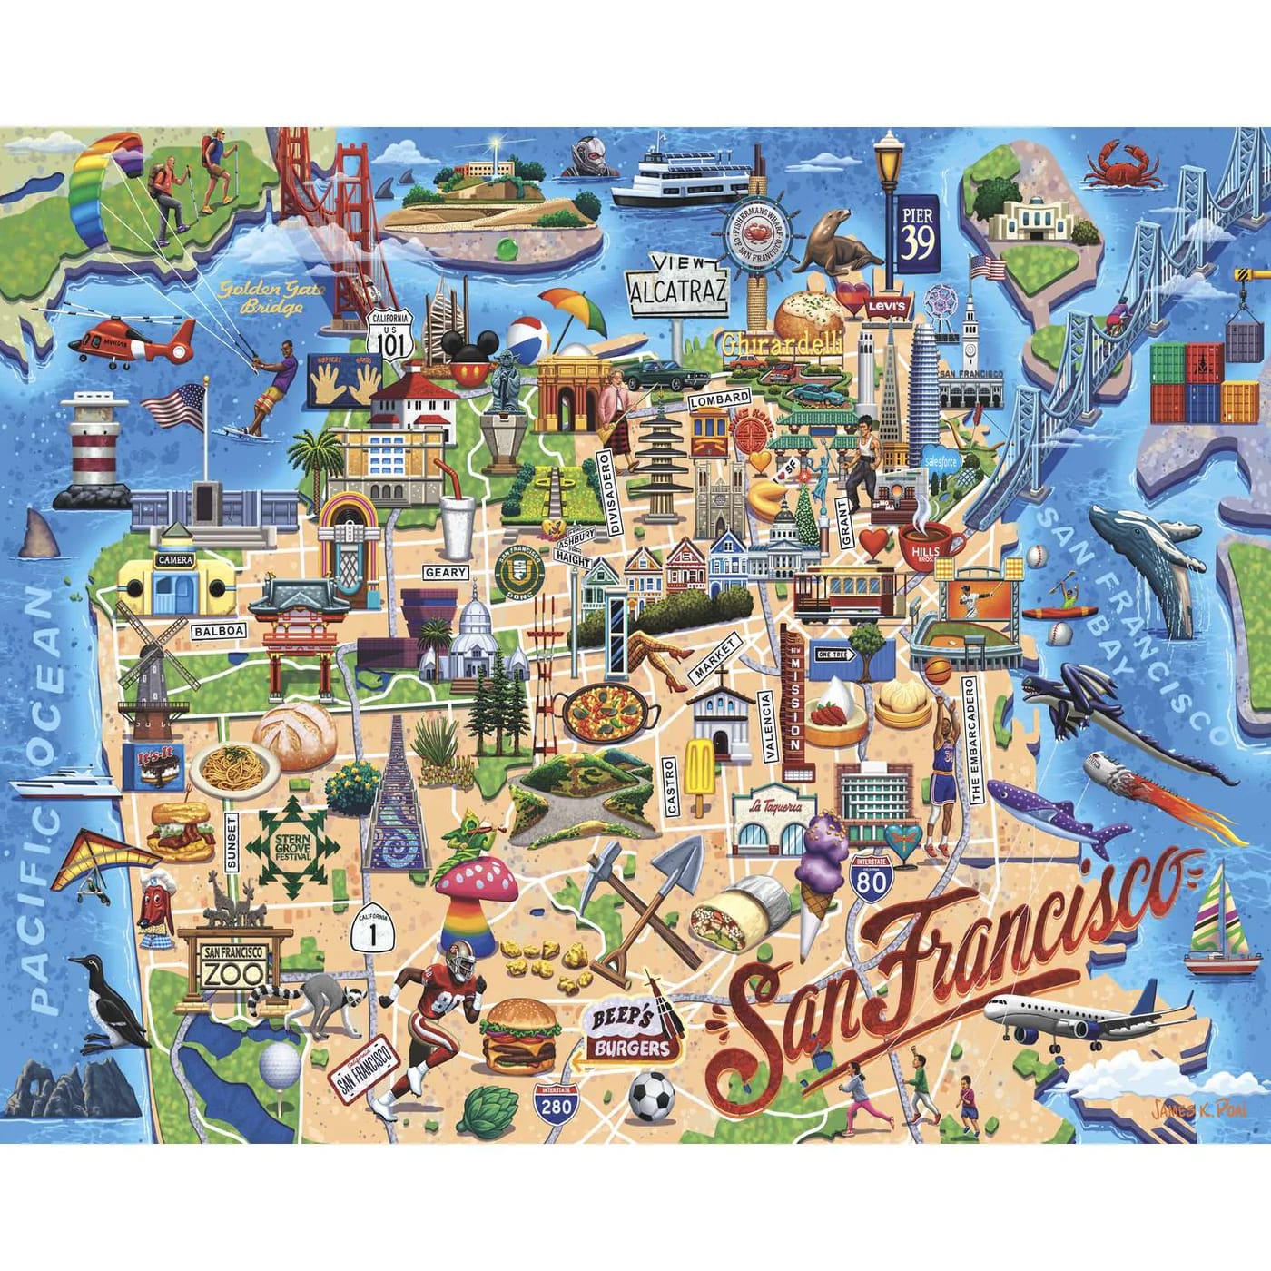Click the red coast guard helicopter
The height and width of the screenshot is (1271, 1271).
click(x=132, y=343)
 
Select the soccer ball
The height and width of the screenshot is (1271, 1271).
click(x=652, y=1096)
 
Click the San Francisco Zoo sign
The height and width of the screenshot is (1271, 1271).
click(x=234, y=964)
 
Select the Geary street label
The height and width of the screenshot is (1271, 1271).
click(x=445, y=573)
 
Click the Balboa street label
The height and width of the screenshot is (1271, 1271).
click(x=218, y=630)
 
